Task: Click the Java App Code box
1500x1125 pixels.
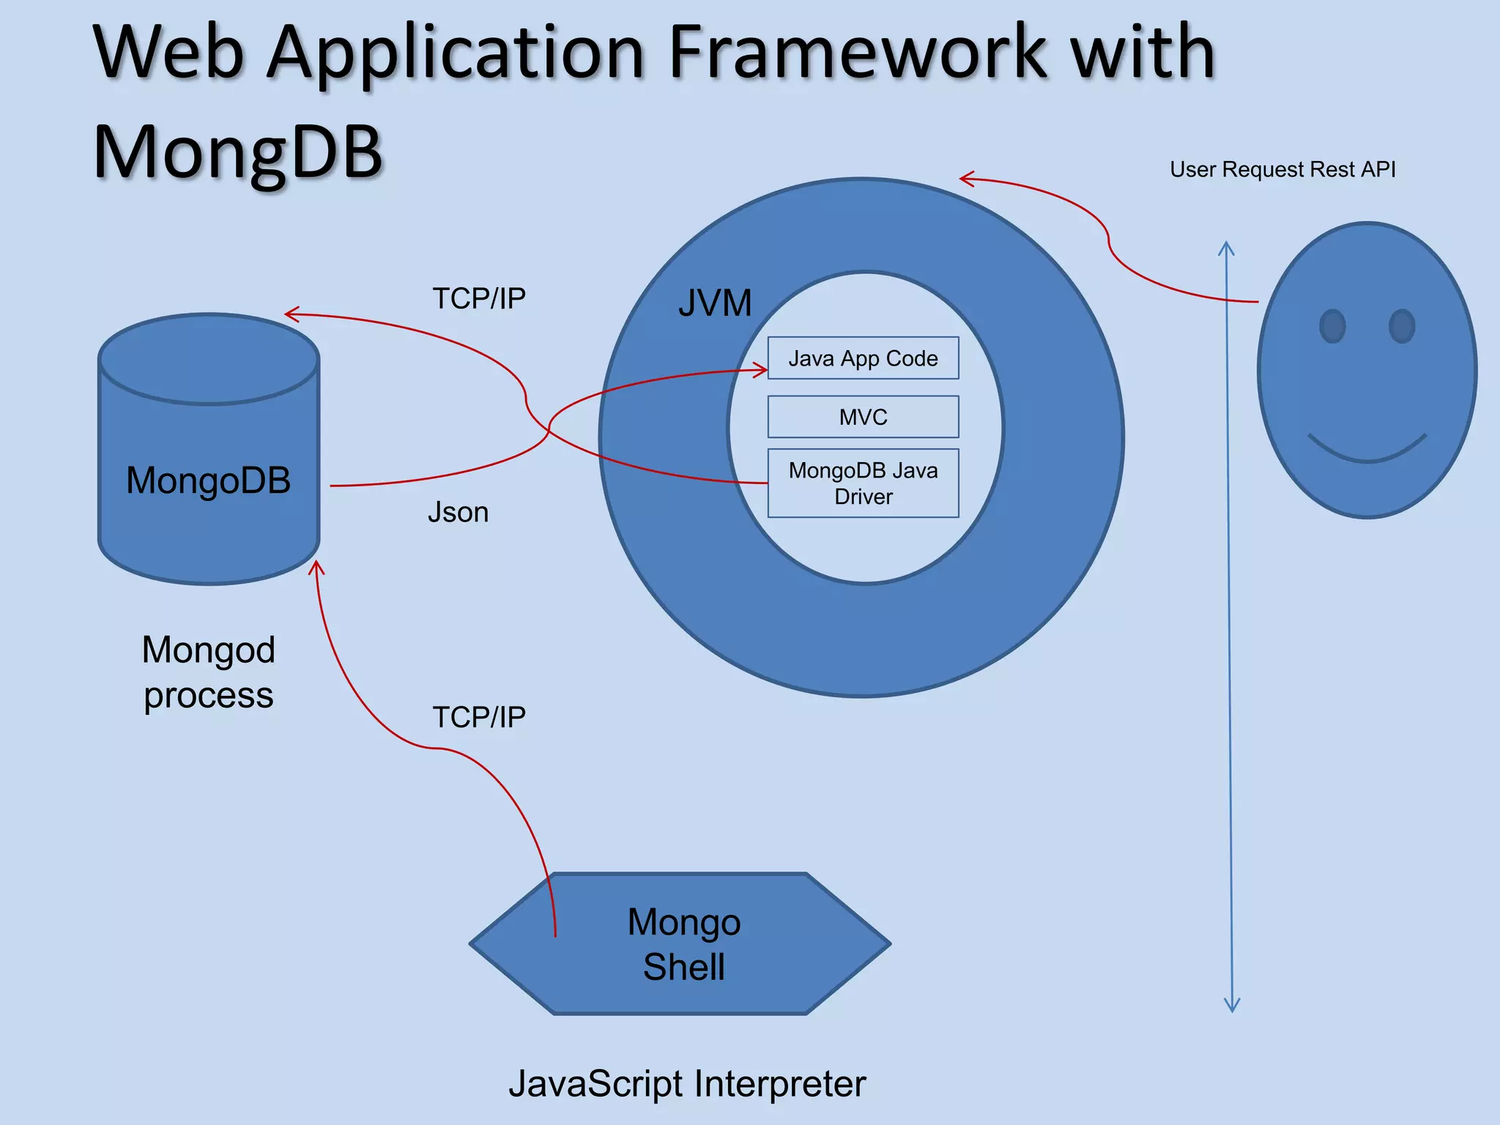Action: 863,358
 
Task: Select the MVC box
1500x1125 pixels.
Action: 863,417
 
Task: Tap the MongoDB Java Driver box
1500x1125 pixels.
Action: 863,483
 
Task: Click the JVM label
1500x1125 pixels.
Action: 715,302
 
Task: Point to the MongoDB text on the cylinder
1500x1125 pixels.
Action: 208,480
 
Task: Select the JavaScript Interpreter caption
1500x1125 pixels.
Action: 687,1083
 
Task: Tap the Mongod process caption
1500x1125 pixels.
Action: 208,672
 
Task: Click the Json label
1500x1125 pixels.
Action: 458,512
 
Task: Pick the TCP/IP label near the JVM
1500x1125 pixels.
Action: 479,298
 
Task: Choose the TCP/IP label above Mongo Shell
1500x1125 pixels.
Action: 479,717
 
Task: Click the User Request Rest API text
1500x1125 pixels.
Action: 1282,169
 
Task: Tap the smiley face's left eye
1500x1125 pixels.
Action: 1332,326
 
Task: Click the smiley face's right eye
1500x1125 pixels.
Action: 1402,326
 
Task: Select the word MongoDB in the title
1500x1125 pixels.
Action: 237,151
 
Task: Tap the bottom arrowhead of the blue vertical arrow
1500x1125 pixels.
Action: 1232,1007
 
